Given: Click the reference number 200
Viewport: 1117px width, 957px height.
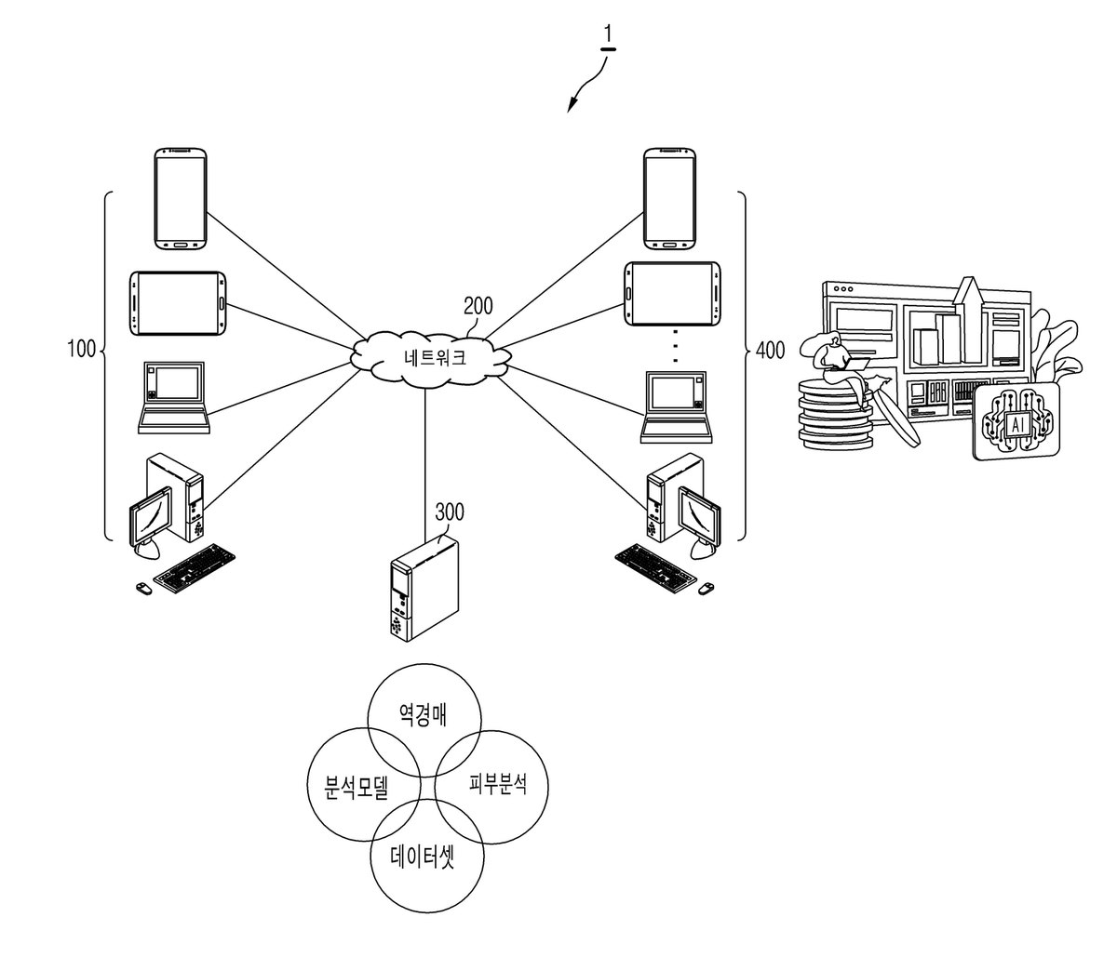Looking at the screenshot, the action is [478, 306].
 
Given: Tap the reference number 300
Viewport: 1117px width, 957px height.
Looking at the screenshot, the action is [449, 512].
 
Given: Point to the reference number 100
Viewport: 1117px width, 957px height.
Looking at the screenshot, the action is [81, 349].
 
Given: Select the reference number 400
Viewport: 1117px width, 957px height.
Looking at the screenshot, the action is [770, 350].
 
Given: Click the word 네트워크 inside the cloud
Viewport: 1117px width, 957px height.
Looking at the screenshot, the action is [435, 357].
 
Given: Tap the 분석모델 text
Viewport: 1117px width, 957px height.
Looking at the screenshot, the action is [356, 788].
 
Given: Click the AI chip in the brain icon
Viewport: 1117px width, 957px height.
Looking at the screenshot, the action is [1017, 425].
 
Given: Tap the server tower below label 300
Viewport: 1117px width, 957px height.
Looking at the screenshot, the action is [424, 590].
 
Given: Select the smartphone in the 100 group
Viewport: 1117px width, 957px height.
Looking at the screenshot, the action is [181, 199].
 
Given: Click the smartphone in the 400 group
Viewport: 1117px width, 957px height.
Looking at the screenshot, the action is [669, 198].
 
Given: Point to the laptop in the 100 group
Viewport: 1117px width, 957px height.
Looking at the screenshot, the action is [173, 397].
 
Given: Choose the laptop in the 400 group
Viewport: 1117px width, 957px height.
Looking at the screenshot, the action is [677, 406].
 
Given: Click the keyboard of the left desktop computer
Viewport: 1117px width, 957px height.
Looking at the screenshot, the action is [195, 569].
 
